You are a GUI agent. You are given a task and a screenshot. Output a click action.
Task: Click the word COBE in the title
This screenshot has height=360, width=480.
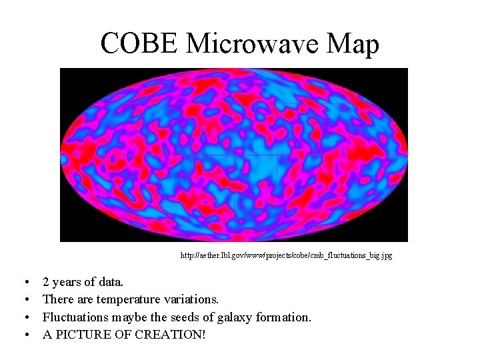point(140,44)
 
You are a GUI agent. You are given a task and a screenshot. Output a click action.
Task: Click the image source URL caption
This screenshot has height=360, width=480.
point(287,255)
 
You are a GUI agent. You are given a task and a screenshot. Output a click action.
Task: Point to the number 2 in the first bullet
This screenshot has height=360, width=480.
point(46,283)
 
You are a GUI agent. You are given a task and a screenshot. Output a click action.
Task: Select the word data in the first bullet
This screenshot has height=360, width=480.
point(111,283)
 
